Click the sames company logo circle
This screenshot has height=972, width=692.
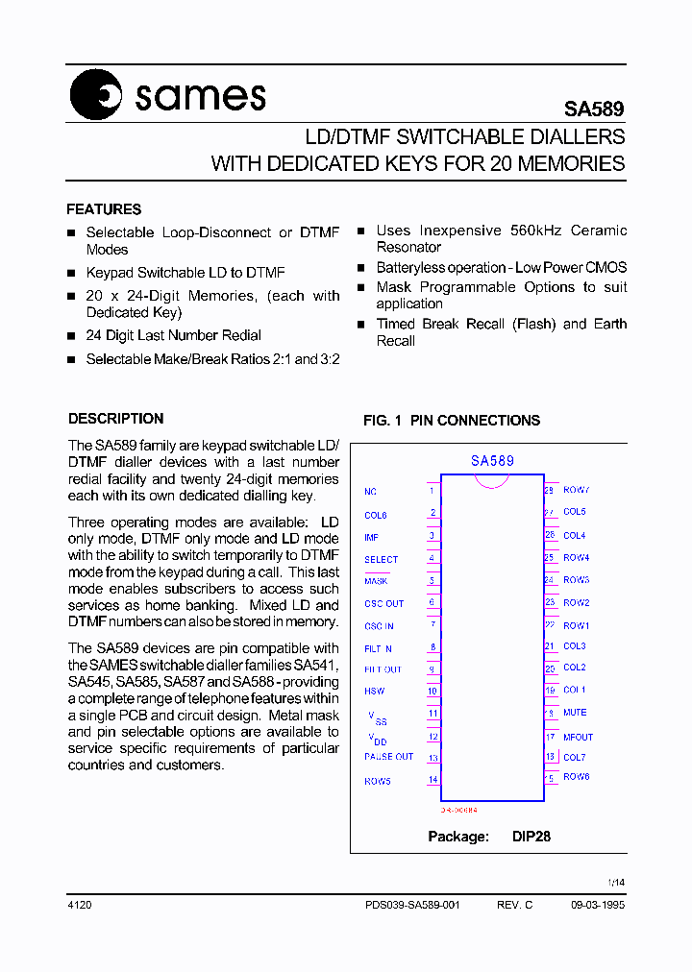click(96, 96)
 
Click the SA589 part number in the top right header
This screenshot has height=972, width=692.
click(593, 110)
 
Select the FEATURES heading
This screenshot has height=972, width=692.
click(104, 209)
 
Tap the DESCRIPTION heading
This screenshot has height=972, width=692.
click(115, 419)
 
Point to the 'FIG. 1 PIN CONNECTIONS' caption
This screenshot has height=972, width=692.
click(451, 421)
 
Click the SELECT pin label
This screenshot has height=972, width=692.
click(381, 559)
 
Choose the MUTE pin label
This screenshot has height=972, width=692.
click(575, 713)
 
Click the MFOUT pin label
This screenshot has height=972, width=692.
click(578, 738)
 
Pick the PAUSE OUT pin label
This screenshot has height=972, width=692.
click(388, 757)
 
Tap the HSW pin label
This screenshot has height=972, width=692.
click(374, 691)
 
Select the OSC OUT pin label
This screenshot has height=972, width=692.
click(383, 604)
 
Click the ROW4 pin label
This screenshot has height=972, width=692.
click(576, 558)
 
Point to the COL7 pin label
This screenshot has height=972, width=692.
click(575, 758)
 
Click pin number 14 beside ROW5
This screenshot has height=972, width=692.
click(432, 780)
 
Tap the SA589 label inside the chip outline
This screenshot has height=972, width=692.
click(492, 461)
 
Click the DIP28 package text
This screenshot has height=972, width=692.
click(531, 837)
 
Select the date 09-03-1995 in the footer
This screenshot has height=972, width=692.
click(597, 906)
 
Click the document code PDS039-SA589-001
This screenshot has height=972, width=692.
click(412, 906)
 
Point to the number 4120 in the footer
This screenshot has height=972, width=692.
click(80, 906)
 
